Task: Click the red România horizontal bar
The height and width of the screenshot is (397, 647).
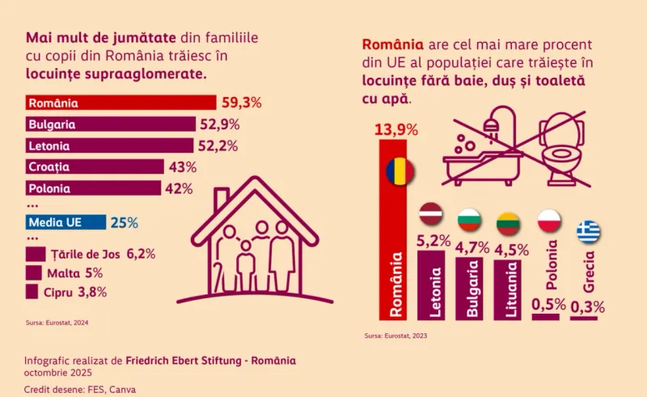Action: (x=121, y=103)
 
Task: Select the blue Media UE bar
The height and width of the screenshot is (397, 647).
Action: (x=66, y=222)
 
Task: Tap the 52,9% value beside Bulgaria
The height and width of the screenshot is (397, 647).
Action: (x=220, y=125)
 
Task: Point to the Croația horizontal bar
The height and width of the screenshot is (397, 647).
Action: (x=95, y=167)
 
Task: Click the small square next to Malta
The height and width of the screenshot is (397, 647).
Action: (x=33, y=272)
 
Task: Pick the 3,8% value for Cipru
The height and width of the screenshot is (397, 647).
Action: (x=92, y=292)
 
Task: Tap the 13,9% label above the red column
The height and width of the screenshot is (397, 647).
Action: (x=396, y=129)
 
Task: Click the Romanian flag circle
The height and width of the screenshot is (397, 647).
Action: (x=400, y=171)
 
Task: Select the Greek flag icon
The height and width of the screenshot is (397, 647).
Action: (x=589, y=230)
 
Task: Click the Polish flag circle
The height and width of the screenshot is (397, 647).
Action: (x=550, y=221)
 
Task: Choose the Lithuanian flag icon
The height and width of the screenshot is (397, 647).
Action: (x=509, y=223)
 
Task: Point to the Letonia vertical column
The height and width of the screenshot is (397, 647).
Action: (x=431, y=285)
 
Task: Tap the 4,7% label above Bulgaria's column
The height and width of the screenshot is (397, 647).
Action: (x=472, y=247)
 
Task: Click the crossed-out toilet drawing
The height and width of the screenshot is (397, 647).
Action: (x=562, y=150)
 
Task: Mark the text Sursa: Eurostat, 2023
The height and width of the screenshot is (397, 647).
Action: (x=395, y=336)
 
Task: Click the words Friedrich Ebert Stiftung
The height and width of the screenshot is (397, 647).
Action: (x=184, y=361)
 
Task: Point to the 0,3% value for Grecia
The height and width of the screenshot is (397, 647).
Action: (x=588, y=307)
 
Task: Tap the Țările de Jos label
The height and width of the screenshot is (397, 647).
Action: (x=86, y=254)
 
